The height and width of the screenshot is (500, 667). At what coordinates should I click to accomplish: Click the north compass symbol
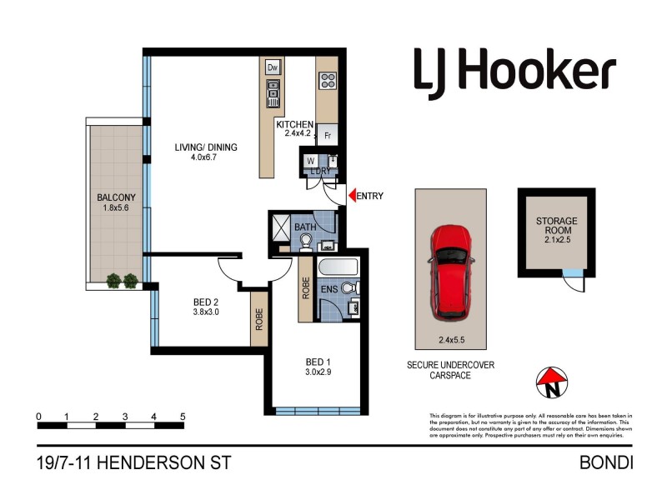pos(550,382)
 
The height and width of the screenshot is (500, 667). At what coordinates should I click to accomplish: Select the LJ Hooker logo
pos(514,71)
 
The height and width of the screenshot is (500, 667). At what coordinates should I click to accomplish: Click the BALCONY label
pos(116,197)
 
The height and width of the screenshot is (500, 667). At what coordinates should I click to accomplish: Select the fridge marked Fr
pos(328,134)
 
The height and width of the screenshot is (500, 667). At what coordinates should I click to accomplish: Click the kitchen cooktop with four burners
pos(328,81)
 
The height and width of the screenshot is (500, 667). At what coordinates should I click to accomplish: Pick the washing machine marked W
pos(310,160)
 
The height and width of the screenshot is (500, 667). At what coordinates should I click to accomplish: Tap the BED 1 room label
pos(318,362)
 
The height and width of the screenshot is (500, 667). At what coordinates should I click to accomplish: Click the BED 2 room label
pos(204,302)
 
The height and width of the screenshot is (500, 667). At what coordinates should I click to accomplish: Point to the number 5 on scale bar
pos(183,416)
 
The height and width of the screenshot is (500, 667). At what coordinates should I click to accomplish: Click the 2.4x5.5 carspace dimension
pos(451,340)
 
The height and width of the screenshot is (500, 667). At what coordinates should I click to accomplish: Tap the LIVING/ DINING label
pos(206,147)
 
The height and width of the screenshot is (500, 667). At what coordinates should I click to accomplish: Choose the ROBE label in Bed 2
pos(259,320)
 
